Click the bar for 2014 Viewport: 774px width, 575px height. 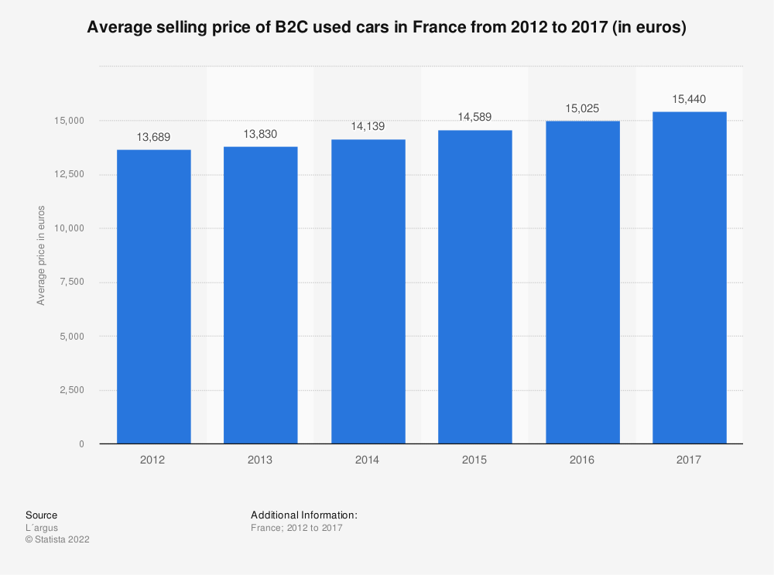tap(368, 292)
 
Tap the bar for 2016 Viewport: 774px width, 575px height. tap(582, 282)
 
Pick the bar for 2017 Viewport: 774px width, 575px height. tap(689, 278)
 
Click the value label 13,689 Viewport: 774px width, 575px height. tap(153, 137)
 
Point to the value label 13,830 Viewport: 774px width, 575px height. tap(261, 134)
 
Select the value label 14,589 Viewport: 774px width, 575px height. tap(474, 118)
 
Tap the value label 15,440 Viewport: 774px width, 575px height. tap(689, 99)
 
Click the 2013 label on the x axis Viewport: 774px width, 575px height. tap(261, 460)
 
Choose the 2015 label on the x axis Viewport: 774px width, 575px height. tap(474, 460)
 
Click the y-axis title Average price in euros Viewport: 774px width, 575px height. tap(41, 255)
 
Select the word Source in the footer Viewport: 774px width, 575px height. tap(41, 515)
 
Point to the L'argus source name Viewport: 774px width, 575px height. tap(42, 528)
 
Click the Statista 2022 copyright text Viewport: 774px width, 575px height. tap(57, 540)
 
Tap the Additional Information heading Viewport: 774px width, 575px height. tap(303, 515)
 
